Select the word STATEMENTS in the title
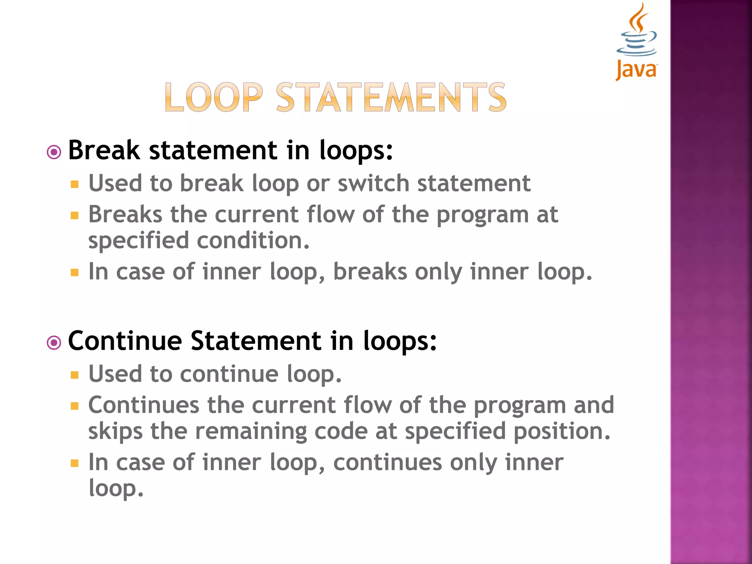tap(391, 97)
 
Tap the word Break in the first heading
tap(104, 150)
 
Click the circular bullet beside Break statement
tap(54, 152)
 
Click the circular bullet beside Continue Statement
tap(54, 343)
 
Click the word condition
tap(253, 241)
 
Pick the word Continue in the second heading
tap(125, 341)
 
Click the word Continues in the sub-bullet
tap(144, 405)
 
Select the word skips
tap(115, 431)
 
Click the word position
tap(561, 431)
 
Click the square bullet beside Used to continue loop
tap(75, 375)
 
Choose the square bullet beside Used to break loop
tap(75, 184)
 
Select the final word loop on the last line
tap(115, 489)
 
